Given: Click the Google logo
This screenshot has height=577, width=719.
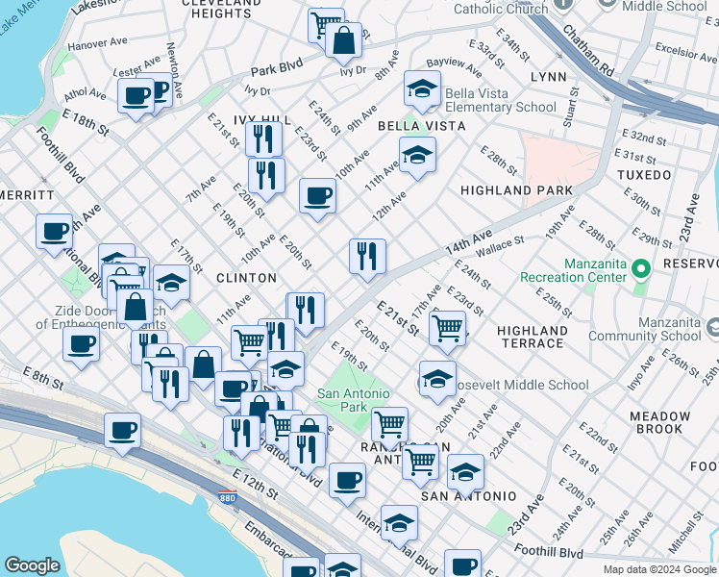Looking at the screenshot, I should point(32,565).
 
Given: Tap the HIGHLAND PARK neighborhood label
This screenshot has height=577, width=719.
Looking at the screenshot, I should point(516,190).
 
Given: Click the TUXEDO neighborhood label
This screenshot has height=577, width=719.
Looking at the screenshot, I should point(643,175).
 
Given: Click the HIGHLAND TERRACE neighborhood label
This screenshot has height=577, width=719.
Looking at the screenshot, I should point(532,337).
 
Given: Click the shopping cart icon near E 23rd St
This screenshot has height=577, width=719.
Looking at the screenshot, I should point(447,328).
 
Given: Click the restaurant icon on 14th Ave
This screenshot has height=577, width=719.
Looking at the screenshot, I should point(367,256).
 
